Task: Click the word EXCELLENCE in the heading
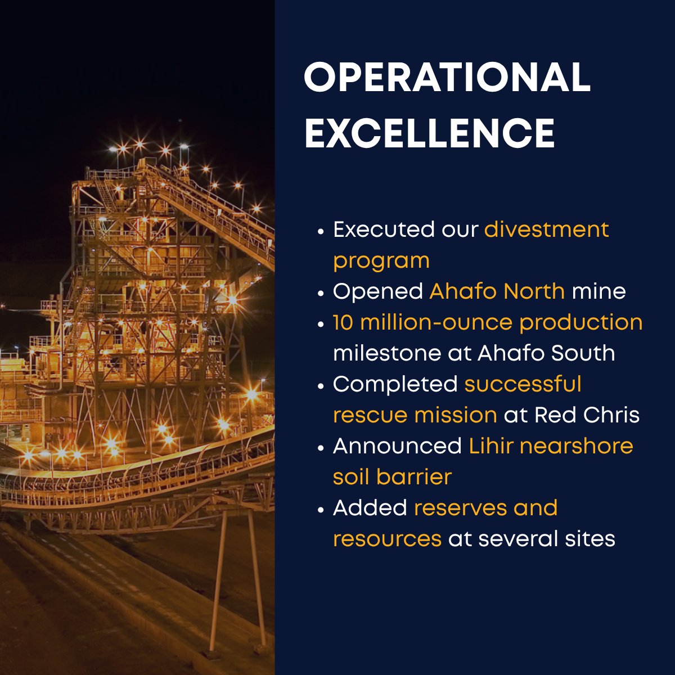click(x=430, y=133)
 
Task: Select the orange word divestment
click(x=546, y=229)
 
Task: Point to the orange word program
click(x=381, y=261)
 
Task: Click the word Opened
click(x=378, y=291)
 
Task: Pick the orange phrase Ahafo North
click(x=497, y=291)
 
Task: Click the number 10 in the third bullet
click(x=343, y=323)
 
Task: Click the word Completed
click(x=395, y=384)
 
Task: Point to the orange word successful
click(x=523, y=384)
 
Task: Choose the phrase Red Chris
click(x=587, y=415)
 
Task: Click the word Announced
click(x=397, y=446)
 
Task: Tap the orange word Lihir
click(x=490, y=446)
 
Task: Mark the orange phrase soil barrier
click(x=392, y=477)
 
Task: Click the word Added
click(x=370, y=508)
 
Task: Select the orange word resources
click(x=387, y=539)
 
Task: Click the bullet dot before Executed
click(x=321, y=231)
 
